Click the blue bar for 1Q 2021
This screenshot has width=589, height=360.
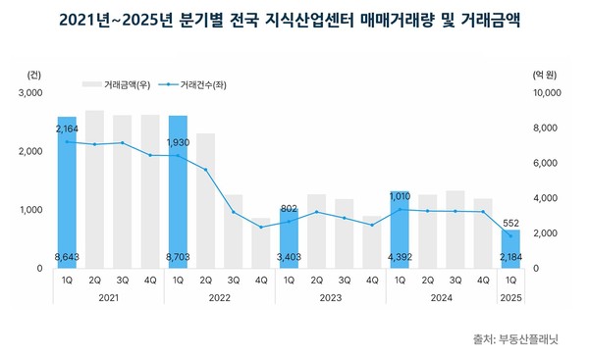click(67, 191)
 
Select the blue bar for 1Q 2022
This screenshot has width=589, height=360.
click(178, 191)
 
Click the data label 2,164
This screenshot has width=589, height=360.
click(67, 129)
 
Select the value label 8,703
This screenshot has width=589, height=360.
click(178, 257)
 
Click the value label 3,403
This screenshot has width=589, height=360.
click(290, 257)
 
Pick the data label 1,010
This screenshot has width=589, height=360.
click(401, 196)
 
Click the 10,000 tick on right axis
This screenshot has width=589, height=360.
click(544, 93)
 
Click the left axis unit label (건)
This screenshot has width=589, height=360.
click(35, 74)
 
